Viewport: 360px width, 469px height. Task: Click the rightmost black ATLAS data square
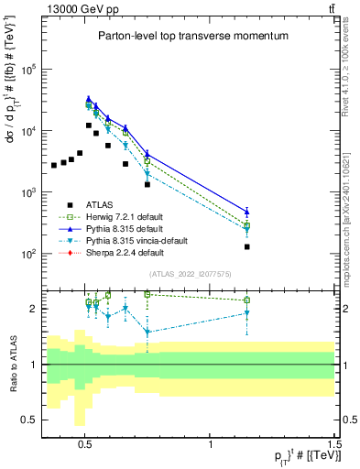(x=247, y=246)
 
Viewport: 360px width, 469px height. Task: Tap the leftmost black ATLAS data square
(x=54, y=165)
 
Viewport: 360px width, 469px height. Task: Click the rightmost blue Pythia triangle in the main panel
(x=247, y=212)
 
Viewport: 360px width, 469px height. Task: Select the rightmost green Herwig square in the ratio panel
(x=247, y=300)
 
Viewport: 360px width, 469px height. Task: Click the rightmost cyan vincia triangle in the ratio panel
(x=247, y=313)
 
